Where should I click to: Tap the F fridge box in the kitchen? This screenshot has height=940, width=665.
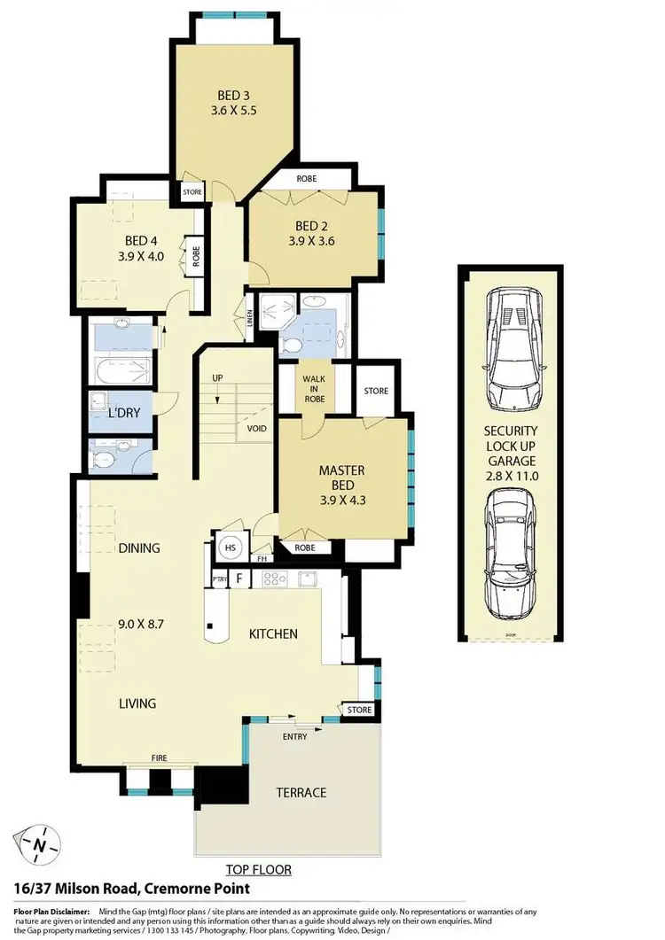pos(239,579)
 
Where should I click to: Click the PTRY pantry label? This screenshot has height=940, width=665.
pos(220,579)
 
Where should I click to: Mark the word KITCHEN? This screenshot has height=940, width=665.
pos(272,634)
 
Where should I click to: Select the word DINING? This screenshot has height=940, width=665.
pos(139,548)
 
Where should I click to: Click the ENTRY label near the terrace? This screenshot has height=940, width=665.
pos(294,737)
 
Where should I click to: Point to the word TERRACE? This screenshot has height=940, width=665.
pos(301,793)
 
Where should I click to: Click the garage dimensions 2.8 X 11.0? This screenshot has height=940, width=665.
pos(511,476)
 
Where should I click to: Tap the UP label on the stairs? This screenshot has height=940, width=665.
pos(216,379)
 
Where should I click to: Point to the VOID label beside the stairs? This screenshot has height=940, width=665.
pos(257,429)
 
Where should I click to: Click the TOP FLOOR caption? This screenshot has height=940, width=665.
pos(258,870)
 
